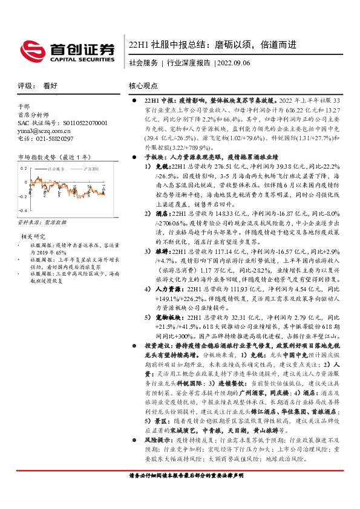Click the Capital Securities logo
67,50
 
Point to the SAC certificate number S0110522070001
79,123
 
